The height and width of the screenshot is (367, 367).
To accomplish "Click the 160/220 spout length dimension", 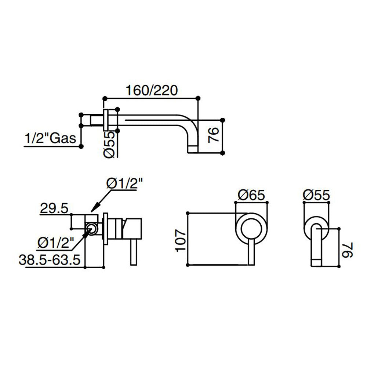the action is (152, 90).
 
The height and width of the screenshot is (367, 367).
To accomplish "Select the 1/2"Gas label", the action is (50, 138).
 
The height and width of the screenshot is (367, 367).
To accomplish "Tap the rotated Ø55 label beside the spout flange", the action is (109, 144).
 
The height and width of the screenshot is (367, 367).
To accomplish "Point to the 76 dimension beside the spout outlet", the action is (214, 135).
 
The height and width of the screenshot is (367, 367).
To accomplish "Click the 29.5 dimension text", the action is (54, 208).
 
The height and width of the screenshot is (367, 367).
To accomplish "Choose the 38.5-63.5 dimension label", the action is (50, 259).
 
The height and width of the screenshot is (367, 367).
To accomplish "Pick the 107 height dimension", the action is (181, 241).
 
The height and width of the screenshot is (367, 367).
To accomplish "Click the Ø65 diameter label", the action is (251, 195).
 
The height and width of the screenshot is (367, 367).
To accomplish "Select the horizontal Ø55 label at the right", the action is (316, 195).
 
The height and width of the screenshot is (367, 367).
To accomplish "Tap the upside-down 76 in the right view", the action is (347, 250).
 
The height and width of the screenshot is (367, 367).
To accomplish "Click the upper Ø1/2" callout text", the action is (124, 183).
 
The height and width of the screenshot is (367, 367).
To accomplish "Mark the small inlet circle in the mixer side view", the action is (91, 229).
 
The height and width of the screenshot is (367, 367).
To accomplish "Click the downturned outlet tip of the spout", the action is (193, 149).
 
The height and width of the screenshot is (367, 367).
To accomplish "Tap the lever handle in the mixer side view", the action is (134, 252).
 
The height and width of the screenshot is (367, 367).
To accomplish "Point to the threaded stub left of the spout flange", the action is (97, 120).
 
